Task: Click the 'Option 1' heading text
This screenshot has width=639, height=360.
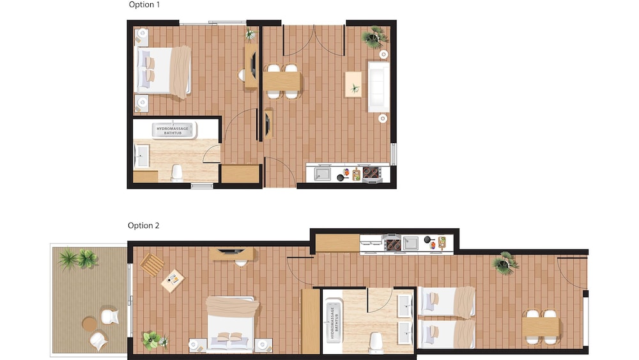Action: pos(144,5)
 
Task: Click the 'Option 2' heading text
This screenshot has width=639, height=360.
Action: pos(143,226)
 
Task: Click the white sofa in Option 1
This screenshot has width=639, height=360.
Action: pos(378,86)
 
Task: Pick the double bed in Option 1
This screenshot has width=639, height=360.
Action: pos(162,72)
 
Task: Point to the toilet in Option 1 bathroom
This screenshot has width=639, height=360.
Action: pos(177,173)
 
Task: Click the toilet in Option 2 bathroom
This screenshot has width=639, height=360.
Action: pos(376,342)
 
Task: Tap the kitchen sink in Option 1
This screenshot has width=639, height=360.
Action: pos(323,174)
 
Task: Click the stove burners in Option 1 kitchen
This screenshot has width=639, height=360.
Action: pos(371,173)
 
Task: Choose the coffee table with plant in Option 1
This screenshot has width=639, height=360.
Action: pos(353,84)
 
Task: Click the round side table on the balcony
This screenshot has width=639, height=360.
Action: pos(89,325)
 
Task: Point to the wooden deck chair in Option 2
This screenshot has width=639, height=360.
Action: pos(152,264)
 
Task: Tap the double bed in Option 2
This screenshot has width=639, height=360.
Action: pos(231,324)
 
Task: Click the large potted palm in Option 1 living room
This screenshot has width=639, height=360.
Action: pos(375,38)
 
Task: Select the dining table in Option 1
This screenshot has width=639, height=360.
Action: pos(282,81)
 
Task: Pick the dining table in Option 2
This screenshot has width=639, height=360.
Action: pos(541,327)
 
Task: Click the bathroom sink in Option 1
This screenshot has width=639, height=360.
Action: pos(141,155)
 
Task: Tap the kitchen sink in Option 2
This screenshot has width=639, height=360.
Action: pos(411,244)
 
